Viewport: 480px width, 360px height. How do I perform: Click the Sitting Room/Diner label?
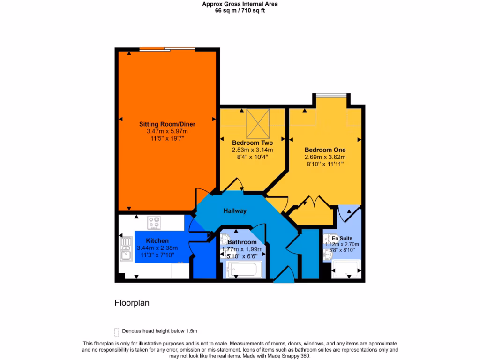click(x=167, y=124)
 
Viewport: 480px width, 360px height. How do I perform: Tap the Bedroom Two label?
click(x=252, y=142)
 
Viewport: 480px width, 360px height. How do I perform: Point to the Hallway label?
click(x=235, y=211)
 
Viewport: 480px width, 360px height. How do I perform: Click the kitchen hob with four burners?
click(x=154, y=223)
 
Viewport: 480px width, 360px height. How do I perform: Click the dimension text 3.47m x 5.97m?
click(x=167, y=132)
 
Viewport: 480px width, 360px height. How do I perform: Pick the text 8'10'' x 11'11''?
click(x=325, y=165)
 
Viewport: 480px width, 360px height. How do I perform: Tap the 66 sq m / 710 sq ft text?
click(x=240, y=10)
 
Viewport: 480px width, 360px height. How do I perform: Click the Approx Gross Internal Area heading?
click(x=240, y=4)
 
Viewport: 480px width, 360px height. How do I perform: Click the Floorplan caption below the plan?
click(x=132, y=303)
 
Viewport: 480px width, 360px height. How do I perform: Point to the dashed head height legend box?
click(x=116, y=331)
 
